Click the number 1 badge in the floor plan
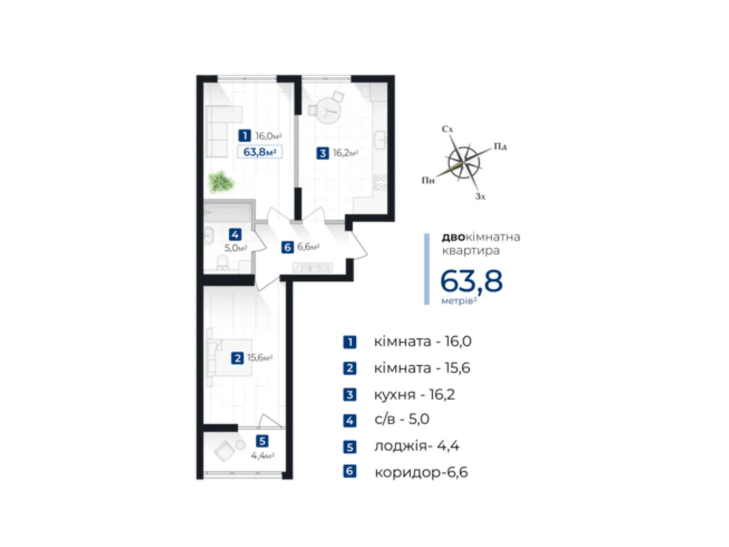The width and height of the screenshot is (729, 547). [245, 135]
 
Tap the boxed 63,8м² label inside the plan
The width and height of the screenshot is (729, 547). [260, 152]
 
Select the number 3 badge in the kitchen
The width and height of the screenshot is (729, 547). [323, 153]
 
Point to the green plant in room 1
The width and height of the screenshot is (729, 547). [221, 182]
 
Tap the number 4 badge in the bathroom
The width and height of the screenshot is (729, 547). [235, 235]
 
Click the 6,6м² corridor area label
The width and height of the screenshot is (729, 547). [308, 247]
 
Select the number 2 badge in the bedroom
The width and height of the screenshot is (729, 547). [237, 358]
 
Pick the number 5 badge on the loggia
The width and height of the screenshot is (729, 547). [262, 441]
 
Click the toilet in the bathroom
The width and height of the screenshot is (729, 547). [222, 262]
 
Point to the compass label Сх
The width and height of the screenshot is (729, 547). [447, 129]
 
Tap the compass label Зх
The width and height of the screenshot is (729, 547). [480, 196]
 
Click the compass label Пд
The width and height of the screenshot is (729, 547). [500, 146]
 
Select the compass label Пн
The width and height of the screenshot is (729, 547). [427, 181]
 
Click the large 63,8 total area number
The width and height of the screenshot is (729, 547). [471, 281]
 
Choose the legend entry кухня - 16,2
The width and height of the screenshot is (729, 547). [414, 394]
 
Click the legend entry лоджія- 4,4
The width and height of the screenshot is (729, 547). [416, 446]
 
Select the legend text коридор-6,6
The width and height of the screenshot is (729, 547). [421, 472]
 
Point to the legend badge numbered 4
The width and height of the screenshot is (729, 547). [349, 420]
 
